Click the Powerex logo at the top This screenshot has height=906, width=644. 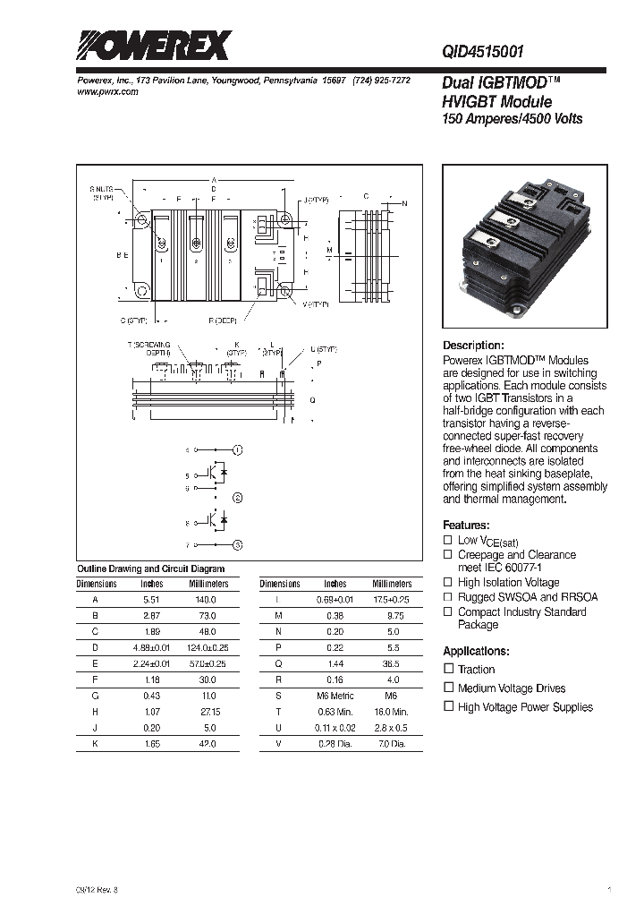pyautogui.click(x=152, y=45)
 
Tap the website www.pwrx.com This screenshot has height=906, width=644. pyautogui.click(x=103, y=92)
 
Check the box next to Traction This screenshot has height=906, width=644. pyautogui.click(x=449, y=669)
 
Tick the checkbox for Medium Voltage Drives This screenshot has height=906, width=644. pyautogui.click(x=449, y=688)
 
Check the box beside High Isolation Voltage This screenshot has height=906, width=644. pyautogui.click(x=449, y=582)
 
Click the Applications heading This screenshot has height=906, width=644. pyautogui.click(x=476, y=651)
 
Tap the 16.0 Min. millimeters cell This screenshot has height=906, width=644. pyautogui.click(x=390, y=712)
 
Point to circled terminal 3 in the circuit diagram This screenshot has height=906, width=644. pyautogui.click(x=237, y=543)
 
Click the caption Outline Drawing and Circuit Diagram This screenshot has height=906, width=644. pyautogui.click(x=150, y=568)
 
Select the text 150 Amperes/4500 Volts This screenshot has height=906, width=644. pyautogui.click(x=513, y=119)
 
